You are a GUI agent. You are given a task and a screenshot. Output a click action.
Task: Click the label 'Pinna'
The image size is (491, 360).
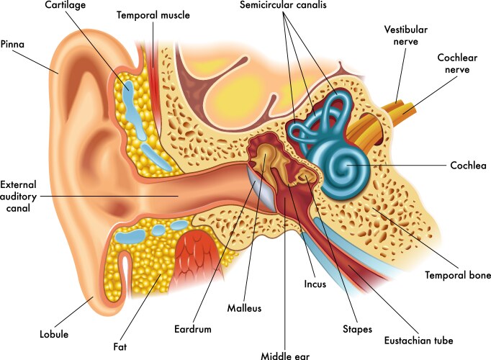pos(12,44)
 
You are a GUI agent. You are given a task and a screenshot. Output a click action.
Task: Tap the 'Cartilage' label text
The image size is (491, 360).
pos(65,5)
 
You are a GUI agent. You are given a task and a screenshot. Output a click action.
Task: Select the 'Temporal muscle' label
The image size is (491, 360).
pos(153,15)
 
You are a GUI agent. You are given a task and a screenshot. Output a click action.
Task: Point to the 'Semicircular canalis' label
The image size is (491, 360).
pos(283,5)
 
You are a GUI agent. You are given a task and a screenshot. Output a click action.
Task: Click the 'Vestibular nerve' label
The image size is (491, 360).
pos(406,35)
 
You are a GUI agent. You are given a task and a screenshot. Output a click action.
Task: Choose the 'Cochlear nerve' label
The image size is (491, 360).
pos(457,63)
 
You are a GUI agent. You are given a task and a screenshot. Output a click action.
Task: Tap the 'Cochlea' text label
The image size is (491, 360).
pos(468,166)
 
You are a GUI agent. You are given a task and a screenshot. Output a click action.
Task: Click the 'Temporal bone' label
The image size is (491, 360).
pos(457,275)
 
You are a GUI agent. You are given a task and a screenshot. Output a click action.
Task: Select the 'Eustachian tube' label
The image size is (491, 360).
pos(419,341)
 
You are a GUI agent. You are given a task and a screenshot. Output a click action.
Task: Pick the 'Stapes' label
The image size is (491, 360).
pos(357,329)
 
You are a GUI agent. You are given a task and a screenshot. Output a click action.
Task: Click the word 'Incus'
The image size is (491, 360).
pos(315,284)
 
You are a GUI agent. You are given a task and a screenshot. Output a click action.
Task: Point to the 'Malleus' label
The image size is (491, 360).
pos(244,308)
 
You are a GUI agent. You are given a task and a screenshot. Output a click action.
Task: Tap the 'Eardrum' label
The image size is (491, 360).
pos(193,329)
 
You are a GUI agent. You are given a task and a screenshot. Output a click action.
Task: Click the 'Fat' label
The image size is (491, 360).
pos(120,347)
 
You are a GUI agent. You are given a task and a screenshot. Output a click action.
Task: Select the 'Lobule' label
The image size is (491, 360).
pos(54,334)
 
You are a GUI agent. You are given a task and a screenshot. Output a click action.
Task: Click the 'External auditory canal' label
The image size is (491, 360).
pos(18,197)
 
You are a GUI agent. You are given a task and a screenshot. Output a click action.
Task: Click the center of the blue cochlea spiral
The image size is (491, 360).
pos(347,165)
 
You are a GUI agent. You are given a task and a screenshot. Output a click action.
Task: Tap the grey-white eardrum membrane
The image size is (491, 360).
pos(261,189)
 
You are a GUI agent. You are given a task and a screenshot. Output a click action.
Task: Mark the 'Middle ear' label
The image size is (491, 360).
pos(285,356)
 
